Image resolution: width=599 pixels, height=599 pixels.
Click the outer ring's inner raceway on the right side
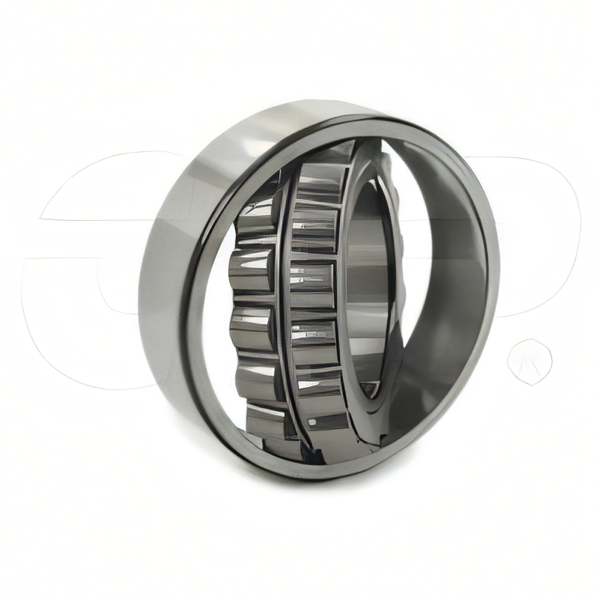coord(449,285)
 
